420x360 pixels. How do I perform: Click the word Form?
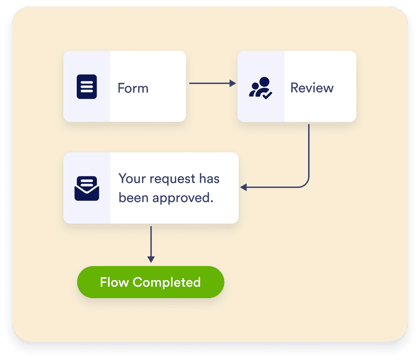(x=133, y=88)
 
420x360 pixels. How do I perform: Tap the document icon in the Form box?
(x=87, y=87)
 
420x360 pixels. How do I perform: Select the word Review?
(x=312, y=88)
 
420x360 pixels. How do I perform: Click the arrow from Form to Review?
(x=212, y=83)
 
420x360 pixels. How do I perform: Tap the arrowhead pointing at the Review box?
(x=233, y=83)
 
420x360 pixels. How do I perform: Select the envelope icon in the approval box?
(x=87, y=188)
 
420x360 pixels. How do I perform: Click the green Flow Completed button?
(x=150, y=282)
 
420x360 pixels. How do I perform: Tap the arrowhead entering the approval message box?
(x=244, y=187)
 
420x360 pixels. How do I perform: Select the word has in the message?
(x=209, y=179)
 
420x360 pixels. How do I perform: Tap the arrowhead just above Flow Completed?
(x=151, y=260)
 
